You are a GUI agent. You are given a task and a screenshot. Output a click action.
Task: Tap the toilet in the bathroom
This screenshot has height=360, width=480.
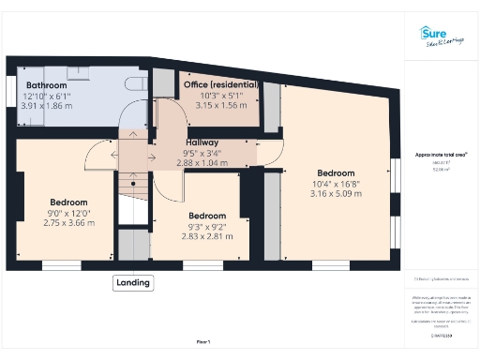click(x=138, y=84)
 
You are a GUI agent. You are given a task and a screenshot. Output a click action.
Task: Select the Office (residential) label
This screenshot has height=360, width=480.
click(x=220, y=85)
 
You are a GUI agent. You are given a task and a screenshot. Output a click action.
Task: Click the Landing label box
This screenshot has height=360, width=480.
click(x=133, y=282)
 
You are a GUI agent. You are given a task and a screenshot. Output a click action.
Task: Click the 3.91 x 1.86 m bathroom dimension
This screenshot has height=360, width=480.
click(x=46, y=106)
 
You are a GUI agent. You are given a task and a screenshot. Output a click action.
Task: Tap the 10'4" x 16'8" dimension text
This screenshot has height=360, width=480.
click(x=335, y=185)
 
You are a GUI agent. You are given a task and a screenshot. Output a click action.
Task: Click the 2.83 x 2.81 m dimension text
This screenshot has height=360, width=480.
click(x=206, y=236)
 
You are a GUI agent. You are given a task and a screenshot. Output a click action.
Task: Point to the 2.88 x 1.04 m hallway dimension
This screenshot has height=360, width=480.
click(x=202, y=164)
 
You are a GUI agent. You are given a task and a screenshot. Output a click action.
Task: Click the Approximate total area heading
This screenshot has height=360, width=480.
click(x=441, y=154)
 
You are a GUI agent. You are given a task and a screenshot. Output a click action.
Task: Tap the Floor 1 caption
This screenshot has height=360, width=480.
click(x=203, y=341)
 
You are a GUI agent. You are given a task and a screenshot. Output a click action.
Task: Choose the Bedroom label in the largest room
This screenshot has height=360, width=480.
click(x=335, y=173)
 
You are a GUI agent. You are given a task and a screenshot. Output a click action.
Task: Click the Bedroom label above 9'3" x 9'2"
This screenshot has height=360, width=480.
click(x=206, y=216)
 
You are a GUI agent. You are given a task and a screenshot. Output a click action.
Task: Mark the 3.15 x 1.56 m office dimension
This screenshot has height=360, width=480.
click(x=220, y=106)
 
